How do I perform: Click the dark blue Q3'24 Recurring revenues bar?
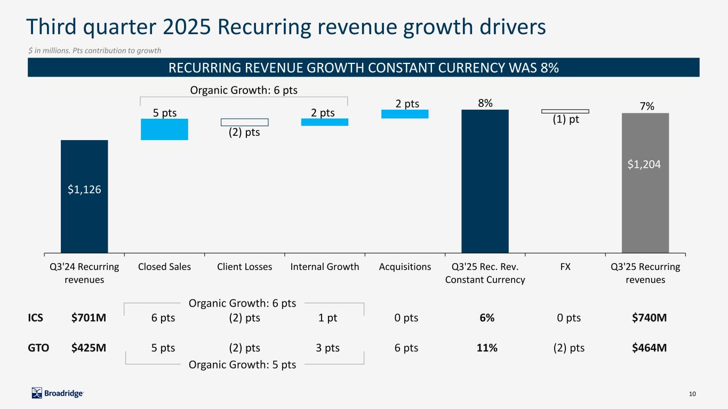84,197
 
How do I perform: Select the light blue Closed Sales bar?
164,129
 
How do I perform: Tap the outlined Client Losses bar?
245,122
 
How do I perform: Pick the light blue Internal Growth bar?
325,122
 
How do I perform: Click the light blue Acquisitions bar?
405,114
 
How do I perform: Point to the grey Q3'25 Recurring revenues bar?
645,183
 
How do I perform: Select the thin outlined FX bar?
565,111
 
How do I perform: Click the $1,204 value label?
644,164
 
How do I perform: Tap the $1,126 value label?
84,189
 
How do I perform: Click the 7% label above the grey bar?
647,106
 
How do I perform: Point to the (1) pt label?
566,119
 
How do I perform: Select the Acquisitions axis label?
405,266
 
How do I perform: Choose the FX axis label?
565,266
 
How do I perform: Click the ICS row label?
35,317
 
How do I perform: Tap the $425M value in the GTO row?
89,348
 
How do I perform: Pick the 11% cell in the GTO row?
487,348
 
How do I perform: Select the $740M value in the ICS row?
650,317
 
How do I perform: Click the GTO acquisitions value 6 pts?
406,348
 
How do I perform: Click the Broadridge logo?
58,393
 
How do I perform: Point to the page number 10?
692,394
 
